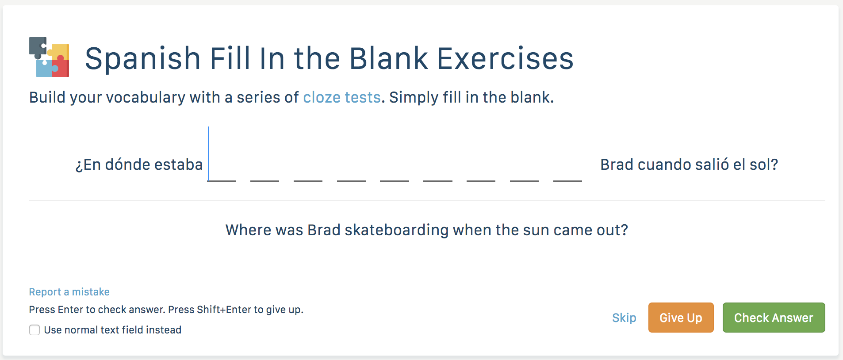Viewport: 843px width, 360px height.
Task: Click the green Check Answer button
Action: tap(774, 318)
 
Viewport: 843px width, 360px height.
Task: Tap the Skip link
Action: tap(624, 318)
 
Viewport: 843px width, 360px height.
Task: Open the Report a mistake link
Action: tap(69, 292)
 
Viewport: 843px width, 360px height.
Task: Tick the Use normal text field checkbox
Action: tap(34, 330)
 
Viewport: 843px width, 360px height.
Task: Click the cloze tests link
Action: tap(342, 97)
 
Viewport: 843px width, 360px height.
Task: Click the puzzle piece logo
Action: tap(49, 57)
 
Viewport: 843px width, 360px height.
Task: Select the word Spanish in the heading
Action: tap(143, 59)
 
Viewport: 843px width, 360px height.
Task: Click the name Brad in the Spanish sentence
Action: tap(617, 165)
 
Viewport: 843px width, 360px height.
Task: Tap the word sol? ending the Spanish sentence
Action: tap(764, 165)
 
